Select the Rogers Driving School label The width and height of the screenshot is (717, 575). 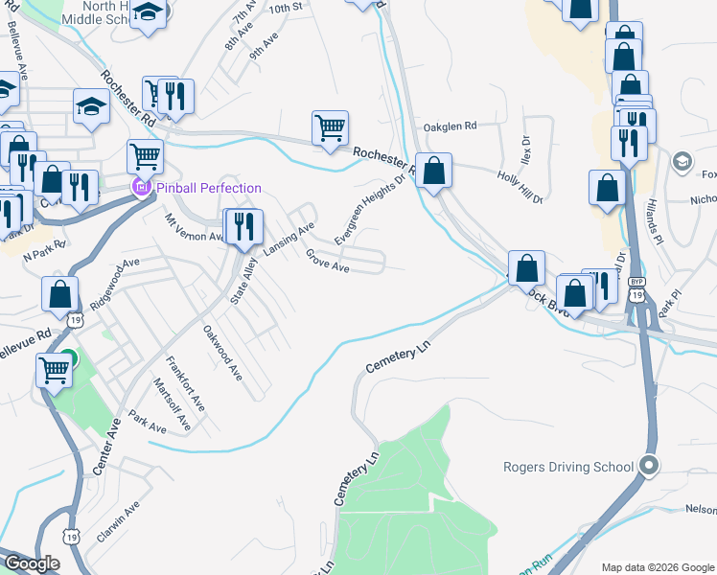coord(568,468)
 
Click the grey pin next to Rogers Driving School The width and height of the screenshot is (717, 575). coord(649,467)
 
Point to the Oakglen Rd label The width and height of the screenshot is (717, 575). coord(450,126)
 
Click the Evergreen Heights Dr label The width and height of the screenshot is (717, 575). coord(370,209)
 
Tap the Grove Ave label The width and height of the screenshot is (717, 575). coord(327,262)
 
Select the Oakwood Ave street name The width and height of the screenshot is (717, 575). coord(222,352)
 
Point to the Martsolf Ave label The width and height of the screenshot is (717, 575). coord(173,402)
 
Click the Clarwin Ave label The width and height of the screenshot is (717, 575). coord(118,521)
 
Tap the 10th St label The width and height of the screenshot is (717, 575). coord(286,8)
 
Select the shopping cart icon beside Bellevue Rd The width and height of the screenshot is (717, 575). coord(55,369)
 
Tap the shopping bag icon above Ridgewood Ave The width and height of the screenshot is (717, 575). coord(60,294)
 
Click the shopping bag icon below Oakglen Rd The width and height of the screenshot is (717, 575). coord(433,171)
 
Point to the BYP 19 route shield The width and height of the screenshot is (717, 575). coord(636,287)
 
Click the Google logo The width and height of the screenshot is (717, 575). coord(31,563)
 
